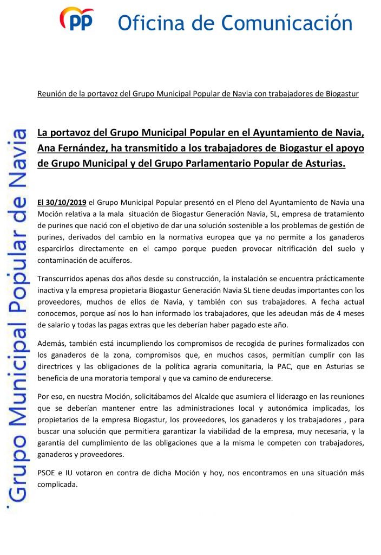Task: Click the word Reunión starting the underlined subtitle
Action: click(52, 93)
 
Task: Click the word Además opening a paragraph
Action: click(52, 343)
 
